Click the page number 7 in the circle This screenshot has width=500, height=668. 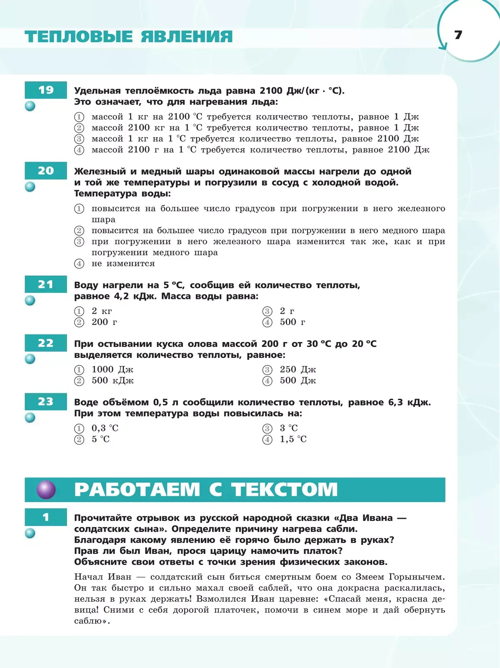(x=458, y=35)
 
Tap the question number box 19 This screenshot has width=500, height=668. (x=46, y=90)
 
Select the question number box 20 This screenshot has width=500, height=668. (x=46, y=171)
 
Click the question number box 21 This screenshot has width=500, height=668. (x=46, y=284)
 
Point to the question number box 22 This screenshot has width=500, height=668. (x=46, y=343)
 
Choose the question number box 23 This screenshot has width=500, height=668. (x=46, y=401)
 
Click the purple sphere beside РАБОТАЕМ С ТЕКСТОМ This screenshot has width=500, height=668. (x=46, y=489)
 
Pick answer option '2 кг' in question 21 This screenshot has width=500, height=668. (x=102, y=311)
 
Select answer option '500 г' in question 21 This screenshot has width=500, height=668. (x=292, y=322)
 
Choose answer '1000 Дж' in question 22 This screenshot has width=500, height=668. (x=112, y=369)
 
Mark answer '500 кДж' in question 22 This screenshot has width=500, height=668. (x=112, y=381)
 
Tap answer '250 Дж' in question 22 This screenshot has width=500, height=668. (x=297, y=369)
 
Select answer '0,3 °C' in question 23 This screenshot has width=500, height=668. (x=105, y=428)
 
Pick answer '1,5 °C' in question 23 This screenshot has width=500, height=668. (x=293, y=439)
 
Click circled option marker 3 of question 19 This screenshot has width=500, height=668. (x=79, y=139)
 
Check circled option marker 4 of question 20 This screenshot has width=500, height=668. (x=79, y=264)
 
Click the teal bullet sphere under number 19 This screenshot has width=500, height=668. (x=30, y=106)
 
